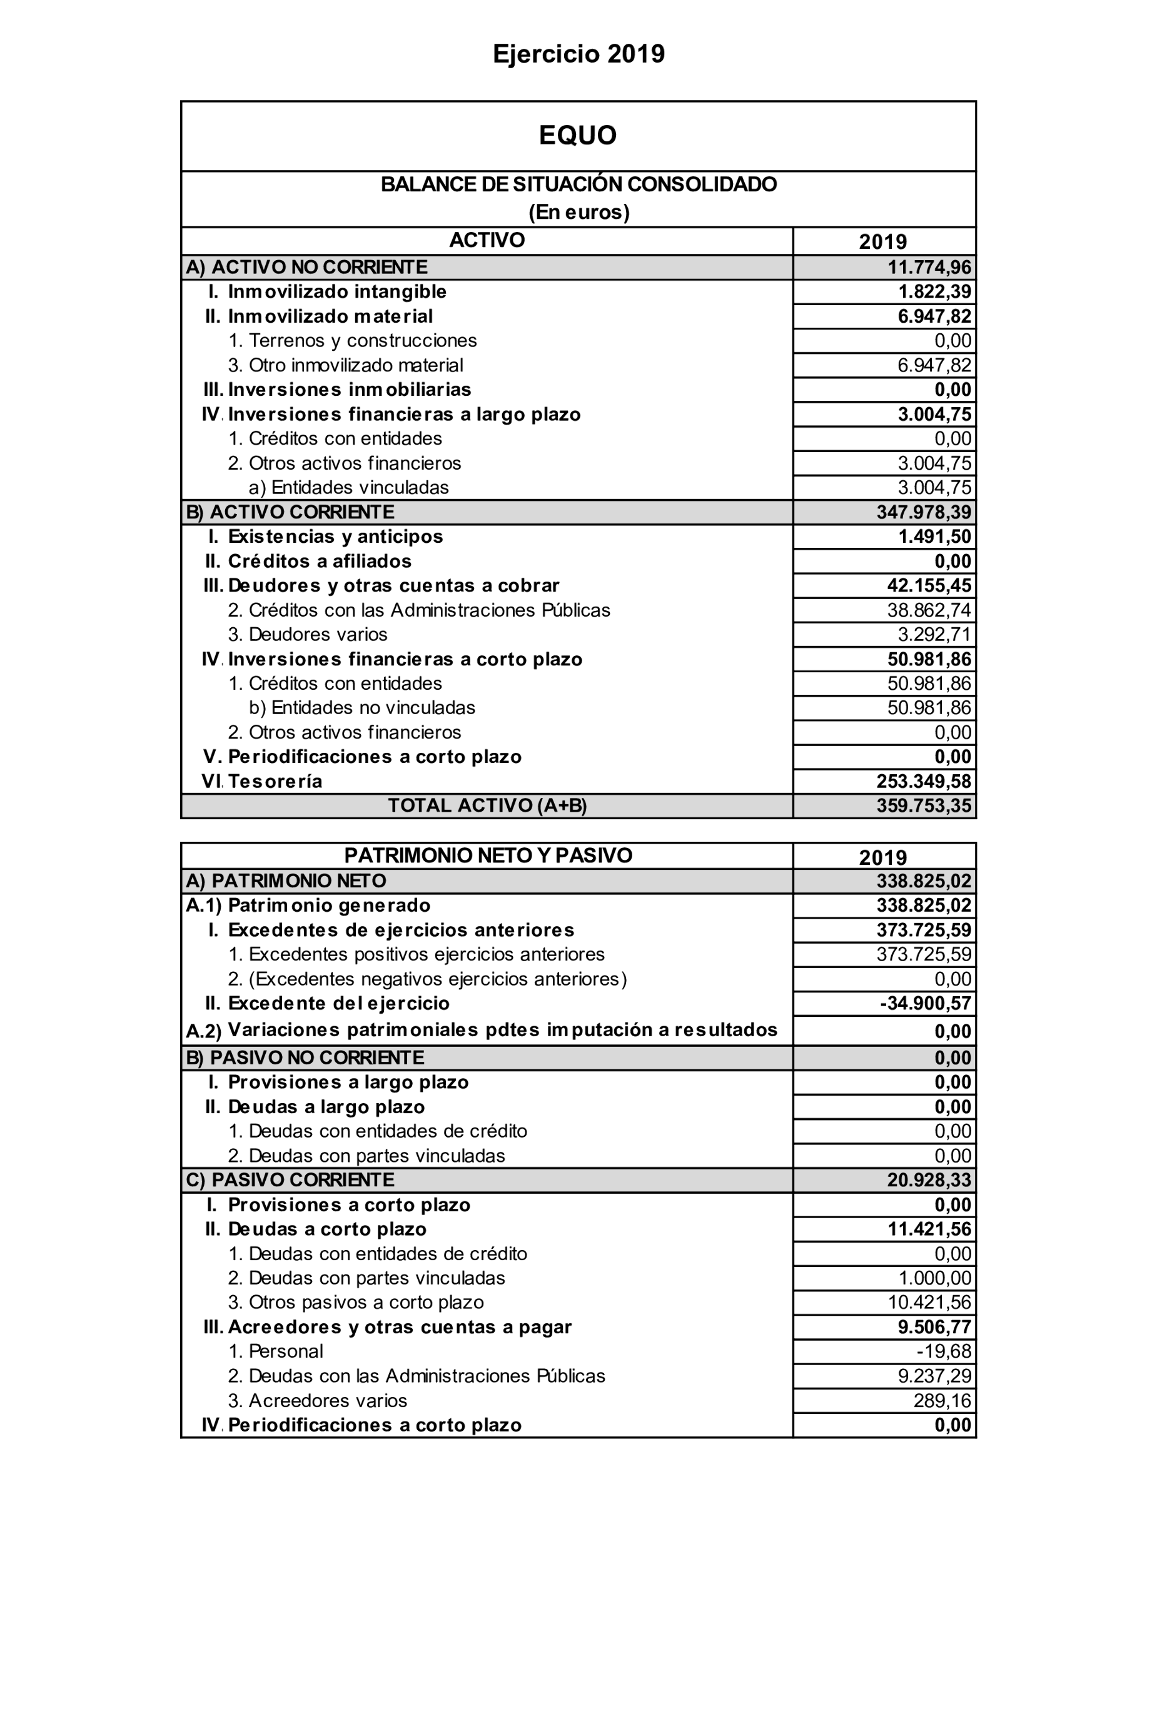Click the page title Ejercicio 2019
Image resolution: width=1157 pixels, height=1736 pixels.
click(x=578, y=54)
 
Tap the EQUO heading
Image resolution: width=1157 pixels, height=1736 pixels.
click(x=578, y=135)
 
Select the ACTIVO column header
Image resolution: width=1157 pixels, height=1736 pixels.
click(x=487, y=241)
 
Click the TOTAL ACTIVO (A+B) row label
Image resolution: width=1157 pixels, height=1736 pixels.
click(x=487, y=805)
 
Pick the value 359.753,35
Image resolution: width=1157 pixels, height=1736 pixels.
click(x=924, y=805)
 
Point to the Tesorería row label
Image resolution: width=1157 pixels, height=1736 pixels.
click(x=275, y=781)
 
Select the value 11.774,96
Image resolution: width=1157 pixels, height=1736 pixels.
click(x=929, y=267)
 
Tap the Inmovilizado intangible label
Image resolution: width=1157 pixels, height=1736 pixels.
click(x=336, y=291)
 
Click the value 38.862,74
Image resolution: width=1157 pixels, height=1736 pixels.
click(x=929, y=610)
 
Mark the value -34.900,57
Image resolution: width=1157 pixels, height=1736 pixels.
click(x=926, y=1003)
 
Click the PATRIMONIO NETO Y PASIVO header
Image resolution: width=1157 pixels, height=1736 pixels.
click(x=488, y=856)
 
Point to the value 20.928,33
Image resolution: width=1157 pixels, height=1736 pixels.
click(x=929, y=1179)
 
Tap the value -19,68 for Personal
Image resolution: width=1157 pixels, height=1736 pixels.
click(x=944, y=1351)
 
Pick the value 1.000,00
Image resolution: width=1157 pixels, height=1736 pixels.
click(x=934, y=1278)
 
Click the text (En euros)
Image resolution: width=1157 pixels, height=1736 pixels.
click(x=578, y=213)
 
